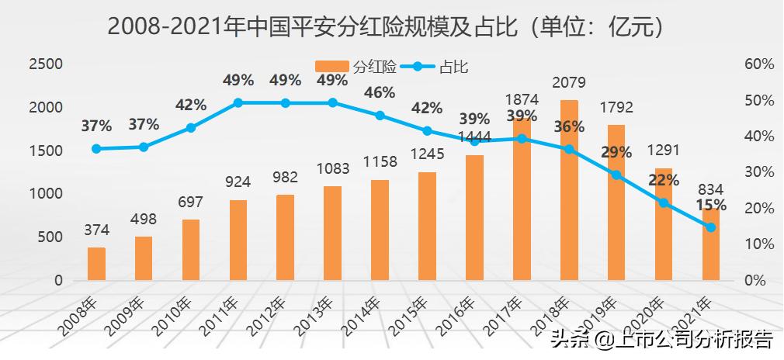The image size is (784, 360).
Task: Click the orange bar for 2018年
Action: [569, 190]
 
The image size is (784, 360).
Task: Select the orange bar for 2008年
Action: [96, 264]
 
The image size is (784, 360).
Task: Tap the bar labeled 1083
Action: [332, 233]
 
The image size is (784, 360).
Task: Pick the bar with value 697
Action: [191, 250]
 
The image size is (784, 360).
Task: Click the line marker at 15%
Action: [710, 227]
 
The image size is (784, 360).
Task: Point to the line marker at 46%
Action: [380, 116]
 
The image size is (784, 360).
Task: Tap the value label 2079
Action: [568, 82]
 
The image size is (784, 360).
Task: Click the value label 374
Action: [96, 230]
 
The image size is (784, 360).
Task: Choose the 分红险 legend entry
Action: [357, 67]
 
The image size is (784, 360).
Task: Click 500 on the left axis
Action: [51, 237]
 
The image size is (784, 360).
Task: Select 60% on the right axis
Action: [759, 64]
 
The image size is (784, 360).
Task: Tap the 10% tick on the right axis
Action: [759, 244]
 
